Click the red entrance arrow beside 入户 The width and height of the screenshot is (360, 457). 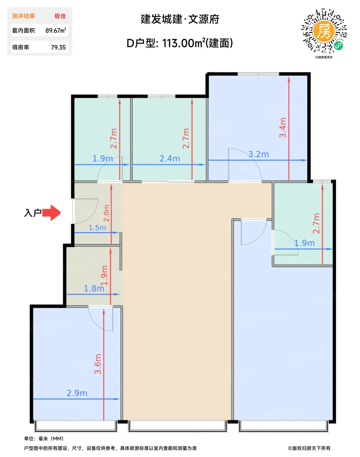51,213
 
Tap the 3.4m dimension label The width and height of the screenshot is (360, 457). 283,128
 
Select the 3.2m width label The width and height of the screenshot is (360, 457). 258,154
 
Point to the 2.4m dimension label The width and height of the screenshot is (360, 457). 170,159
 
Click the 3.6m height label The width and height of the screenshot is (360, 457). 98,364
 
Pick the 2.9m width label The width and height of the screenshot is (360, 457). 77,393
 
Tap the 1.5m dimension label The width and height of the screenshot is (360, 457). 97,228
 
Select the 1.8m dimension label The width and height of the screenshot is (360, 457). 94,288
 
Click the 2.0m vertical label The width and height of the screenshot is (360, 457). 107,213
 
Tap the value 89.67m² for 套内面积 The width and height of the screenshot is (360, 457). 55,30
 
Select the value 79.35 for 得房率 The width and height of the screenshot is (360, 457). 58,47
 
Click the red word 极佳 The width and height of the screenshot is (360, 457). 60,16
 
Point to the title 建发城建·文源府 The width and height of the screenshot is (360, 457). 180,19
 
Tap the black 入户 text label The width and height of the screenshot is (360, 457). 33,213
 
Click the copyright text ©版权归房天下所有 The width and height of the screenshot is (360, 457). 309,448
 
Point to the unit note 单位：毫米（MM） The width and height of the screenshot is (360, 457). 44,438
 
